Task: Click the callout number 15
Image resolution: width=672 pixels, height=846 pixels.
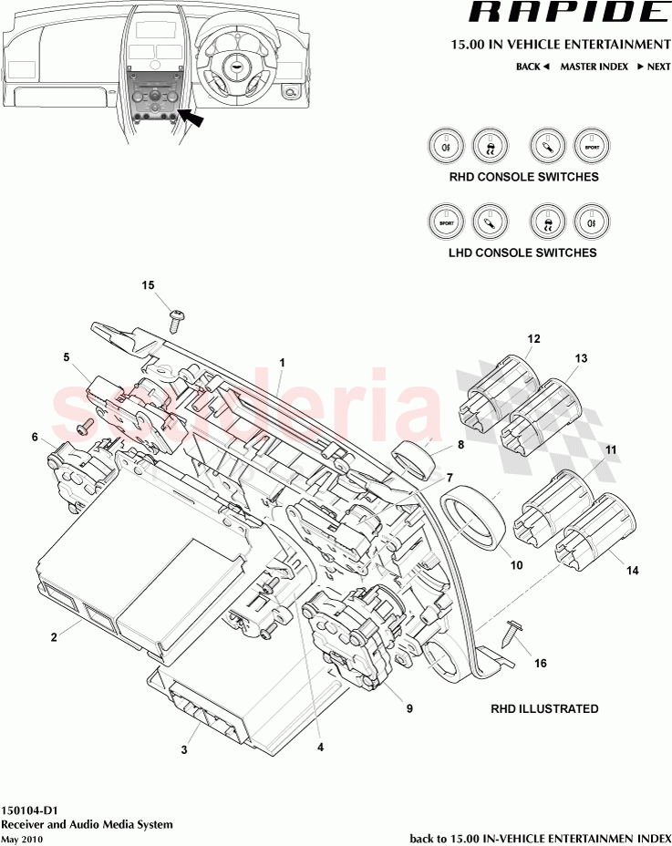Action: pyautogui.click(x=148, y=285)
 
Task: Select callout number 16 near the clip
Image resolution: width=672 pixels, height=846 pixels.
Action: pyautogui.click(x=541, y=663)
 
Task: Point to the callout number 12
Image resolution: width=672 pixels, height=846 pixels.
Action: pyautogui.click(x=533, y=339)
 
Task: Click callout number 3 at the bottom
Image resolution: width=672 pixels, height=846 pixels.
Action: pyautogui.click(x=184, y=750)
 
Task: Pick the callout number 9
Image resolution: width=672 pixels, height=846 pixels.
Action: pyautogui.click(x=408, y=707)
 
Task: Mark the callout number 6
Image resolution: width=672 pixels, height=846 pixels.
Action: pyautogui.click(x=35, y=438)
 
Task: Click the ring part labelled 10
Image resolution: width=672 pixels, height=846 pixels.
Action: pyautogui.click(x=474, y=527)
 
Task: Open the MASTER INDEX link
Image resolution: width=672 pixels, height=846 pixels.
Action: pyautogui.click(x=594, y=67)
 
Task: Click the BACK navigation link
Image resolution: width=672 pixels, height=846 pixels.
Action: pyautogui.click(x=532, y=67)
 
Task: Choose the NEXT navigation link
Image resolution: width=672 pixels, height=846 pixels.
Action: pyautogui.click(x=654, y=67)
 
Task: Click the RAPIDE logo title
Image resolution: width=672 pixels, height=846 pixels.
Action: pyautogui.click(x=567, y=13)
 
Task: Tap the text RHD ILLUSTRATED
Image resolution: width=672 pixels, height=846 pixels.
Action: pyautogui.click(x=544, y=708)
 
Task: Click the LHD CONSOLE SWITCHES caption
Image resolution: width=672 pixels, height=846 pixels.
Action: pyautogui.click(x=522, y=253)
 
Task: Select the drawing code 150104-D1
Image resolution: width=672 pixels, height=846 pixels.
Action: pyautogui.click(x=30, y=810)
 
